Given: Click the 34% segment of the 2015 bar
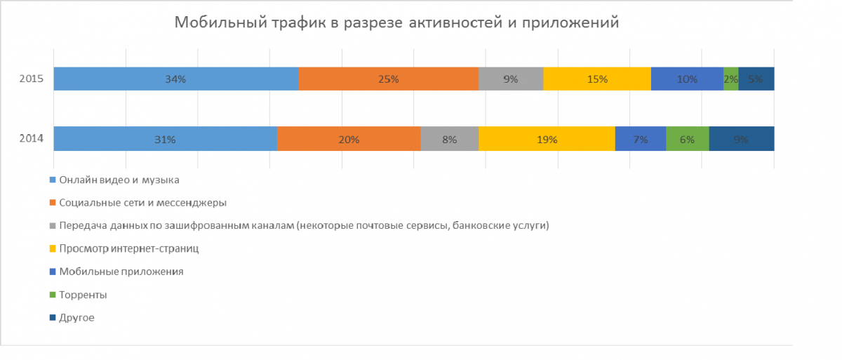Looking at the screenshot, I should (x=175, y=79).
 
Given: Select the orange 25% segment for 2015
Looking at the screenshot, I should (x=388, y=79).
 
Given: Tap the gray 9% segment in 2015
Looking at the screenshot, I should (x=511, y=79).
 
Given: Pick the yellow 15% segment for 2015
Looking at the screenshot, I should (x=597, y=79).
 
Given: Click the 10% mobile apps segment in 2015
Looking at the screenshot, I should (x=687, y=79).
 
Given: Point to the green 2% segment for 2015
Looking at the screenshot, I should (x=730, y=79).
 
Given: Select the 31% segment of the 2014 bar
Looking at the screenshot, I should (x=165, y=139).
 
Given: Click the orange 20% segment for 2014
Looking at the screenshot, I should (x=349, y=139).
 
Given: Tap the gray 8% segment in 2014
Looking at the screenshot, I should (x=449, y=139).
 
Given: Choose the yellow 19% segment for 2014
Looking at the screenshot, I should (x=547, y=139).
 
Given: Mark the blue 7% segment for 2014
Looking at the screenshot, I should (x=640, y=139).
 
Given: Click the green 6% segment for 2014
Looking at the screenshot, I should (x=687, y=139).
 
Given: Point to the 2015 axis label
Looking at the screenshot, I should (x=32, y=79).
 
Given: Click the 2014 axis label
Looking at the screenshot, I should (x=32, y=139).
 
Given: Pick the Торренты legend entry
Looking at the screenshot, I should (x=83, y=295).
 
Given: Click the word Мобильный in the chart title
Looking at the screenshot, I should (x=218, y=23).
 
